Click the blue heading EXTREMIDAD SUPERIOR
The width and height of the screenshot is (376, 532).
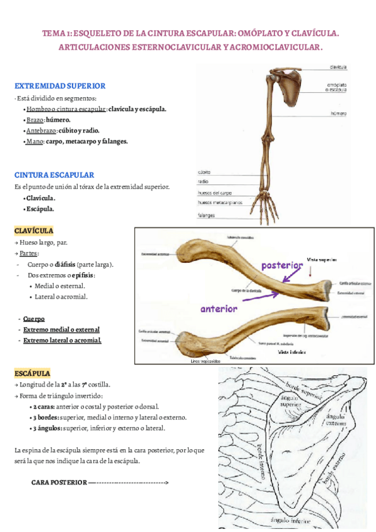[60, 86]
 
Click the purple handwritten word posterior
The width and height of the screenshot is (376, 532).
[282, 265]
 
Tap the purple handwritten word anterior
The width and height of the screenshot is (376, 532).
[219, 309]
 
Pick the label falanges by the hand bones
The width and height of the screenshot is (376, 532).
[206, 215]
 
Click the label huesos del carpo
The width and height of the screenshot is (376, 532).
[216, 193]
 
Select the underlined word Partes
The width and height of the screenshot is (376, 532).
[28, 253]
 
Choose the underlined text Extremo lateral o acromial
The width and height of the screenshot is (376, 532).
[62, 341]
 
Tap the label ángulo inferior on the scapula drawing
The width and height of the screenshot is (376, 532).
[290, 520]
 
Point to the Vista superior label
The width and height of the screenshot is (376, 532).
[321, 259]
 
